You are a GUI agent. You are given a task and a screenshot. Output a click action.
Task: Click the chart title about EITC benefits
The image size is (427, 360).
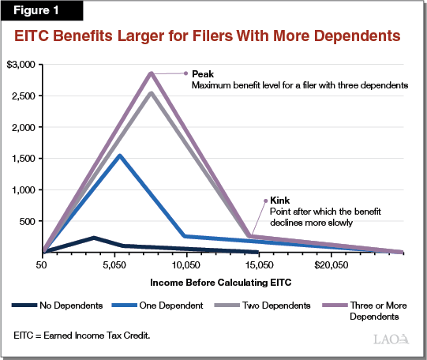[x=213, y=36]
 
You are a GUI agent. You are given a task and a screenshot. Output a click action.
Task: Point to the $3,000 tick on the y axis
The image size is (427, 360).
[x=21, y=64]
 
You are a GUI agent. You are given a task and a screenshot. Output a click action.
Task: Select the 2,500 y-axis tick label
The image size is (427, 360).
[x=24, y=96]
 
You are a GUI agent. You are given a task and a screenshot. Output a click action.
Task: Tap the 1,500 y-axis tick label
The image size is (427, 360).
[x=24, y=159]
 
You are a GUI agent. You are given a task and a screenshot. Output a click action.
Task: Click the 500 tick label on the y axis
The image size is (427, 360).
[x=29, y=222]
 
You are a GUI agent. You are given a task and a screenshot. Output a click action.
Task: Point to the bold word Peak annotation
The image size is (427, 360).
[x=202, y=73]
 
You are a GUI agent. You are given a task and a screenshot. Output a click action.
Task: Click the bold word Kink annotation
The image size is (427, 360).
[x=279, y=201]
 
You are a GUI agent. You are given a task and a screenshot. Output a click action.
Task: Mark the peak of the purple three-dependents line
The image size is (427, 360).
[x=151, y=73]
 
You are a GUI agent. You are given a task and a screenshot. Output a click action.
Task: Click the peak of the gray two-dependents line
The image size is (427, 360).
[x=151, y=93]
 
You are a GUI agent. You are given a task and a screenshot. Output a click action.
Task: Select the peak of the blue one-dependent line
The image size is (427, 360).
[x=120, y=156]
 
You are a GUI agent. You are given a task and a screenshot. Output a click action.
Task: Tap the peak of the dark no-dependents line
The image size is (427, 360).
[x=94, y=238]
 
